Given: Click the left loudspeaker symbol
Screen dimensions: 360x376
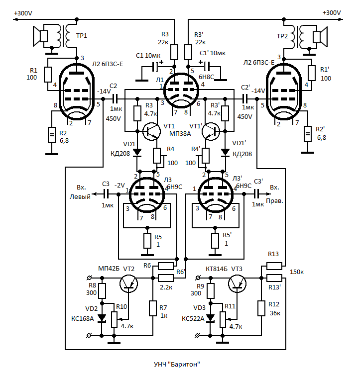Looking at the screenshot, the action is pyautogui.click(x=40, y=36).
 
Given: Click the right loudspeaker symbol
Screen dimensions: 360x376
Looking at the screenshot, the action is pyautogui.click(x=320, y=37).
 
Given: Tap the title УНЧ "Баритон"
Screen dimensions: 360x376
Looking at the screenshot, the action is pyautogui.click(x=177, y=365).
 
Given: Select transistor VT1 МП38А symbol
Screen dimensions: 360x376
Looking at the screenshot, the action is pyautogui.click(x=151, y=131).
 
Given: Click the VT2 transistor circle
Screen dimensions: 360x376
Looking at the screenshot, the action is pyautogui.click(x=128, y=283).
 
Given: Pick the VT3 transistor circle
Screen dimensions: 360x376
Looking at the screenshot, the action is pyautogui.click(x=237, y=283).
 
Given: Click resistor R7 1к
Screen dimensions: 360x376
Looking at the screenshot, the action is pyautogui.click(x=153, y=308).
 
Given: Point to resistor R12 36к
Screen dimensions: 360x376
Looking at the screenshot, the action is pyautogui.click(x=261, y=308).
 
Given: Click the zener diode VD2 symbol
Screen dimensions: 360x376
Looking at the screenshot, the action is pyautogui.click(x=102, y=318).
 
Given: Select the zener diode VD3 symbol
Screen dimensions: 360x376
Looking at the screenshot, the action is pyautogui.click(x=211, y=318).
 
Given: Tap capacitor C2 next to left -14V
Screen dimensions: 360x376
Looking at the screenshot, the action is pyautogui.click(x=115, y=99).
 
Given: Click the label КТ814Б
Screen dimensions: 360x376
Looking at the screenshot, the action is pyautogui.click(x=217, y=269).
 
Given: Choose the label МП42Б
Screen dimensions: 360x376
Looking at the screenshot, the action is pyautogui.click(x=109, y=269).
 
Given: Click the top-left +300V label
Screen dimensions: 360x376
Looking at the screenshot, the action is pyautogui.click(x=23, y=13).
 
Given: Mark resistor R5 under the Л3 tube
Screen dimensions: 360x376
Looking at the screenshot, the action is pyautogui.click(x=147, y=241).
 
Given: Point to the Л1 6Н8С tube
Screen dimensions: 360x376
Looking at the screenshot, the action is pyautogui.click(x=181, y=91).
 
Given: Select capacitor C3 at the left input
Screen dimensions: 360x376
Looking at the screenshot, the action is pyautogui.click(x=106, y=194).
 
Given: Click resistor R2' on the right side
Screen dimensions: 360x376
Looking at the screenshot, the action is pyautogui.click(x=308, y=134).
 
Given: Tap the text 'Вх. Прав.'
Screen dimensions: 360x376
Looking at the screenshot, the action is pyautogui.click(x=274, y=194).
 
